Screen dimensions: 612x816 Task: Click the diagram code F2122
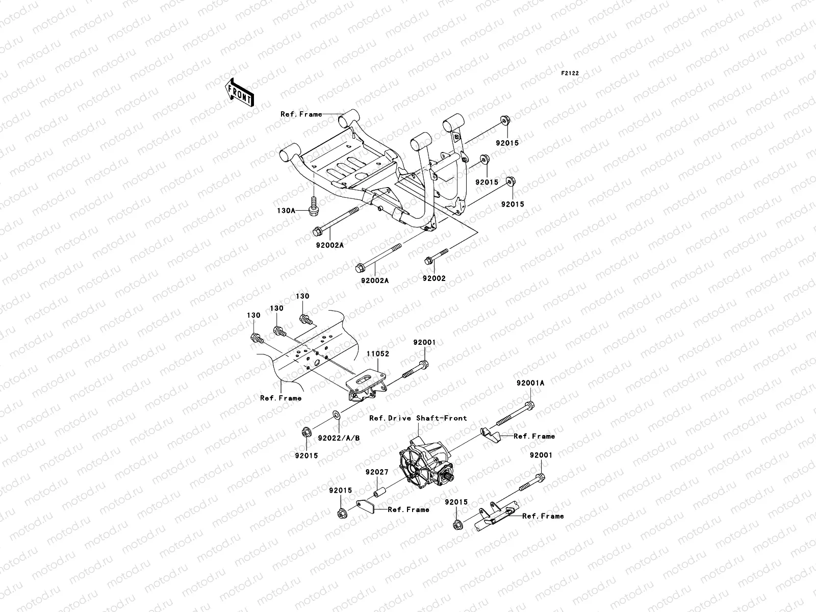(x=570, y=73)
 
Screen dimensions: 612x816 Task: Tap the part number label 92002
(x=434, y=278)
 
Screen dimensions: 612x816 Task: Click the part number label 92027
(x=377, y=472)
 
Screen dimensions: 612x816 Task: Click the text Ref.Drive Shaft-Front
(x=418, y=418)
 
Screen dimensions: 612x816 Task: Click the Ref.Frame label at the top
(x=301, y=114)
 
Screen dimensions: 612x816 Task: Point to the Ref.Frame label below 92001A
(x=534, y=436)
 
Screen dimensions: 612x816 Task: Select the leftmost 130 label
(x=253, y=315)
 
